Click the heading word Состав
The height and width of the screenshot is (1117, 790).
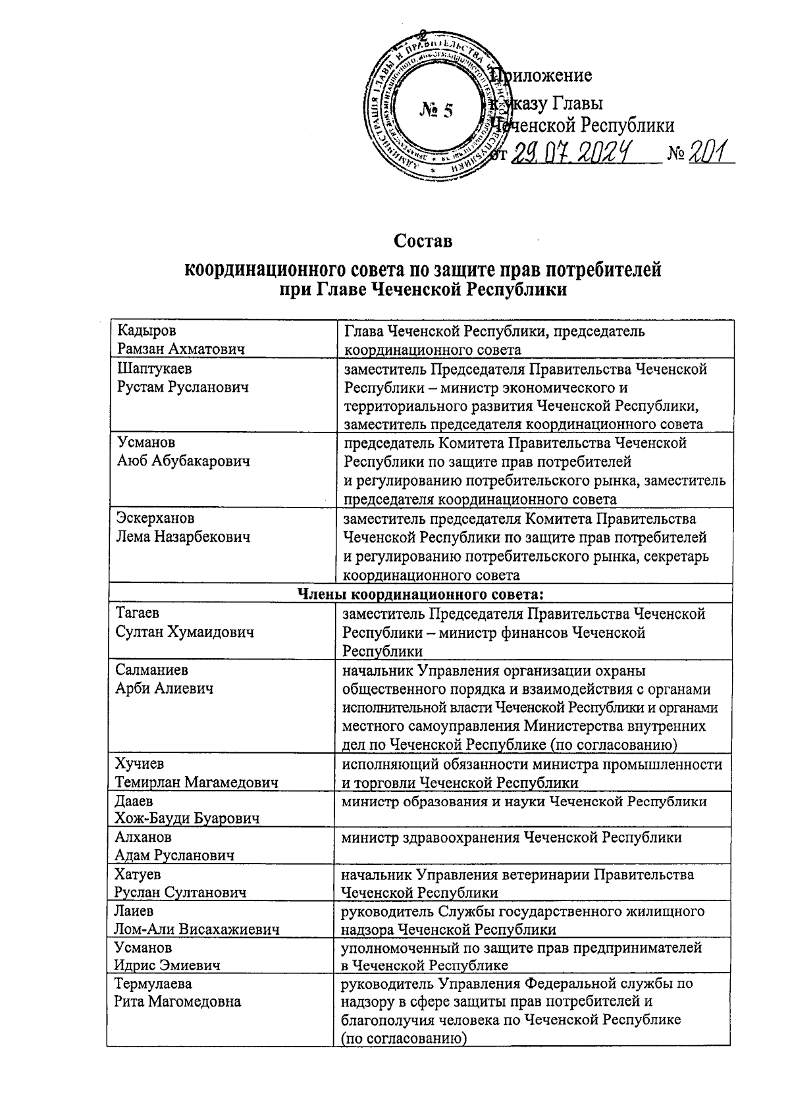coord(423,241)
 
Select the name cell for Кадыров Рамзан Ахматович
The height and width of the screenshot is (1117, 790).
coord(180,340)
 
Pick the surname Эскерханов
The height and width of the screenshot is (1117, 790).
coord(155,519)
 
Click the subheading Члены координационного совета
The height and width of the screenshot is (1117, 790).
coord(421,594)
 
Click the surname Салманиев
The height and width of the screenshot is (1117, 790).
coord(151,670)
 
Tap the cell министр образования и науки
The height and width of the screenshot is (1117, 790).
coord(523,801)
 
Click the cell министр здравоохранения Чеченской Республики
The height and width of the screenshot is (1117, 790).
coord(511,837)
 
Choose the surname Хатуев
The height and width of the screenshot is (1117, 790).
coord(138,874)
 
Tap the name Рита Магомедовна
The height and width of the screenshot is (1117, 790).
coord(178,1002)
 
